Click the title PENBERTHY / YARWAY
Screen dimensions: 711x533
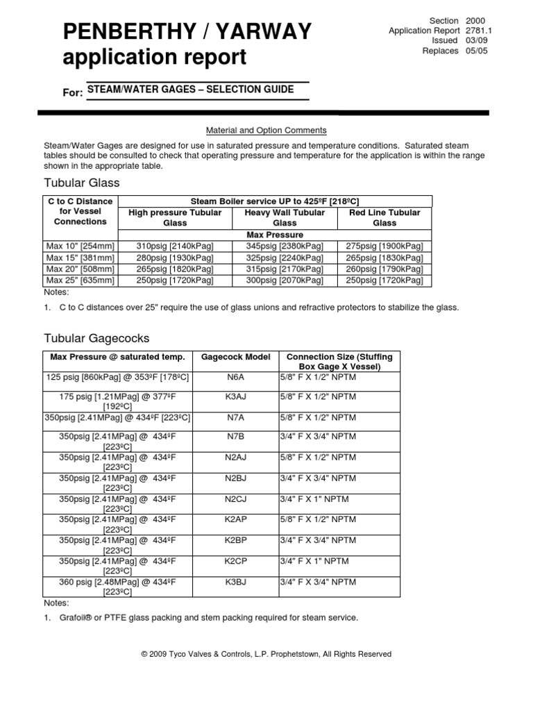click(187, 32)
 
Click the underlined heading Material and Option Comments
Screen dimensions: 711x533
click(266, 131)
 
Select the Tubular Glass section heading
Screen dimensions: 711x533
click(81, 183)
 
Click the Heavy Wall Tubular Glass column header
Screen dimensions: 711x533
click(285, 217)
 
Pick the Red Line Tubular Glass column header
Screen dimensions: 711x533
click(384, 217)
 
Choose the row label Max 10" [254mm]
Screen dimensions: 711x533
click(81, 246)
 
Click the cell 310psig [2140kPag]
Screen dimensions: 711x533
click(175, 246)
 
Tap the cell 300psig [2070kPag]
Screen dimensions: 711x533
click(285, 281)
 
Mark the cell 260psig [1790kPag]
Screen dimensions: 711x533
click(384, 269)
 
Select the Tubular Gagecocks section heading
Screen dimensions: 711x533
click(96, 338)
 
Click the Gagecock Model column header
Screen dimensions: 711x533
click(235, 357)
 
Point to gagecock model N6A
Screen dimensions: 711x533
click(235, 377)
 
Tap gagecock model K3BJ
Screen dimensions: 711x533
click(235, 581)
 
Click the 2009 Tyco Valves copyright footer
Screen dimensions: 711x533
click(266, 654)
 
